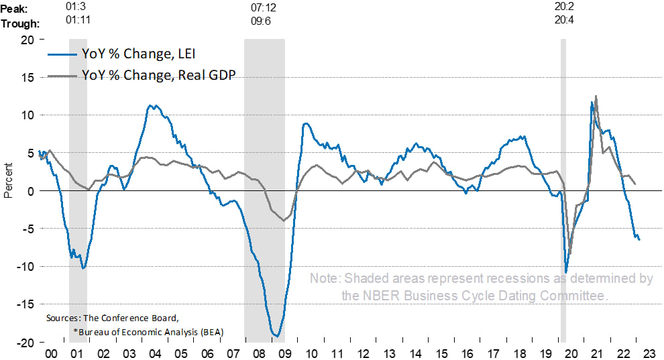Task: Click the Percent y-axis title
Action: click(8, 181)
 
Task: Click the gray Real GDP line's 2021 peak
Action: click(596, 97)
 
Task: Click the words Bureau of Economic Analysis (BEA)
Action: click(148, 331)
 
